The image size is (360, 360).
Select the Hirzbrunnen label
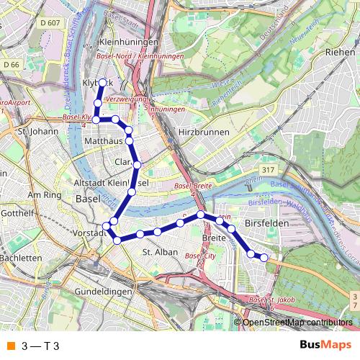point(204,132)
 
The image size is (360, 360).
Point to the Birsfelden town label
point(266,224)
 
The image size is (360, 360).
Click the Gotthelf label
point(14,214)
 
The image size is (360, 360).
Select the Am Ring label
point(44,195)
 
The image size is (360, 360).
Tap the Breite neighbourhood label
point(215,237)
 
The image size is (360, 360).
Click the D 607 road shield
point(50,22)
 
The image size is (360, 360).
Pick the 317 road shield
point(269,169)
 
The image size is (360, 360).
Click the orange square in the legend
point(10,346)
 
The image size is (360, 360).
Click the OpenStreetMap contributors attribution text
point(297,322)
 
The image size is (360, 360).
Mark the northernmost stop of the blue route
point(102,82)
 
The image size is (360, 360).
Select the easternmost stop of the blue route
point(264,257)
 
